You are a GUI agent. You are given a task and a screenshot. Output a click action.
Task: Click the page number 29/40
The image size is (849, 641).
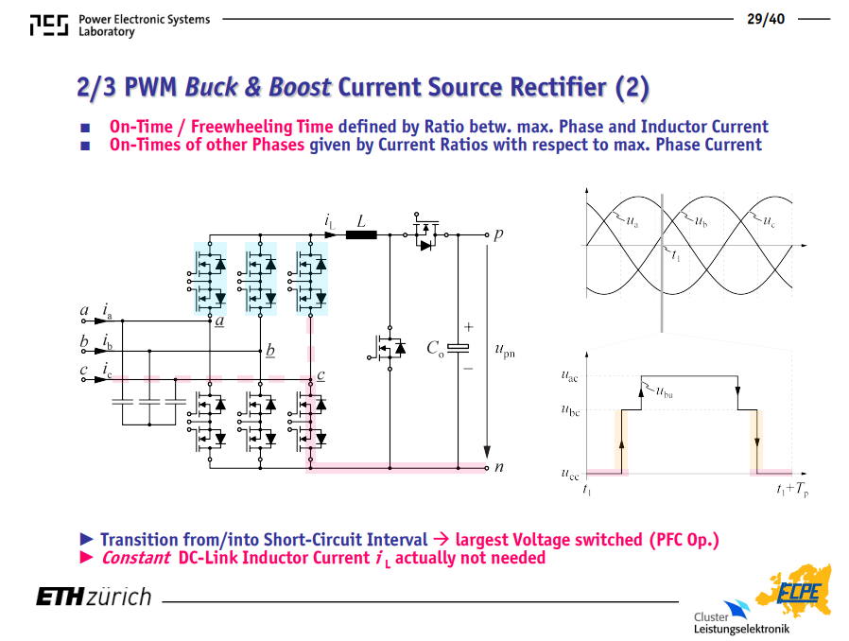766,19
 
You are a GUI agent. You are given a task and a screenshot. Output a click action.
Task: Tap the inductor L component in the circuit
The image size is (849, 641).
361,234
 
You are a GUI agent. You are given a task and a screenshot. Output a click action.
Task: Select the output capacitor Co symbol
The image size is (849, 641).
459,348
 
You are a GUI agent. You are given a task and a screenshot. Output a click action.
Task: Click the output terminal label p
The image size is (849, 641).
498,234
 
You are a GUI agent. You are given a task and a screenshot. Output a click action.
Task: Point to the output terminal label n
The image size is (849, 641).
498,467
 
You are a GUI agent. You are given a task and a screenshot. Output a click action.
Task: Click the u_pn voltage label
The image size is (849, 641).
505,350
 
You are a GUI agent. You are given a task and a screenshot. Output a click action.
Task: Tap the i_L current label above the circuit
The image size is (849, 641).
330,221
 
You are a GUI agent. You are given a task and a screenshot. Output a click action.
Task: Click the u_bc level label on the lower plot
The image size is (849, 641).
570,409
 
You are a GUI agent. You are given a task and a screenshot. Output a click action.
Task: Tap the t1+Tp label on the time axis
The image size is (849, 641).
792,490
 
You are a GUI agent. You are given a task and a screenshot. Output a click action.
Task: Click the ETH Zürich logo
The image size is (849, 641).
94,597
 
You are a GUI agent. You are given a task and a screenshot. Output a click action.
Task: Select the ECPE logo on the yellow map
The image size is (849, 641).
799,592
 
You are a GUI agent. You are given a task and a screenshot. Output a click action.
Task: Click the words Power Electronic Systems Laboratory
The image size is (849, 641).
144,26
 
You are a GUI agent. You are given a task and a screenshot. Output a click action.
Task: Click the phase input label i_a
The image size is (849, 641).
107,311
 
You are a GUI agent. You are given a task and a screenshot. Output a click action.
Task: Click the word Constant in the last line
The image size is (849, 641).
136,558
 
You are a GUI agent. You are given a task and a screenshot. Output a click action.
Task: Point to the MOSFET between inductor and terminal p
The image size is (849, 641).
426,232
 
